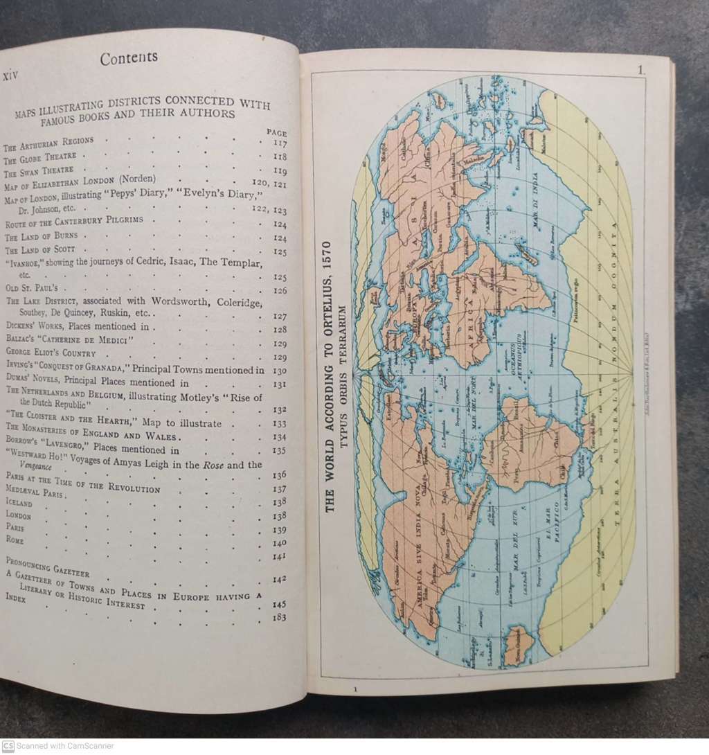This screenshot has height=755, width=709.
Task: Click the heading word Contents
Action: pyautogui.click(x=129, y=58)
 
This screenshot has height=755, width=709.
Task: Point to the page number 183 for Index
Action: pyautogui.click(x=280, y=617)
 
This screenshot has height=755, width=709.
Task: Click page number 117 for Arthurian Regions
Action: pyautogui.click(x=280, y=144)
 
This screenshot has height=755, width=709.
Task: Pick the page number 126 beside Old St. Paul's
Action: pyautogui.click(x=280, y=291)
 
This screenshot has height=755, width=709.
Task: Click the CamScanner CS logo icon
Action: pyautogui.click(x=8, y=746)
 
